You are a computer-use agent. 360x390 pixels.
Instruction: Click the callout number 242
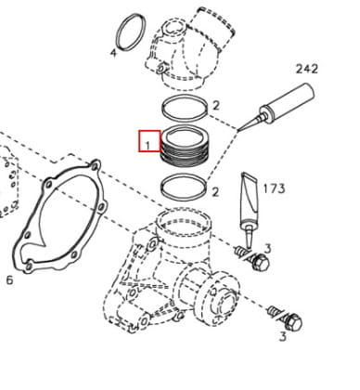point(307,69)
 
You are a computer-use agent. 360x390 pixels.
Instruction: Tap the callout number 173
point(274,188)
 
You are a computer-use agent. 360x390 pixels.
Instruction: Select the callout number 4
point(114,53)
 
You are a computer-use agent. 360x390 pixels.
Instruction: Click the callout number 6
point(10,280)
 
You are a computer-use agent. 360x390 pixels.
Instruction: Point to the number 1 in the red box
point(148,145)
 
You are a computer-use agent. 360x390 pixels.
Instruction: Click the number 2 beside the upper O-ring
point(216,106)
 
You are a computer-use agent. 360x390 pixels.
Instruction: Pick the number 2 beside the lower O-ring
point(215,192)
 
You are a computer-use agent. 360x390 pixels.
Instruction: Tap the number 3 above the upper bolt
point(268,249)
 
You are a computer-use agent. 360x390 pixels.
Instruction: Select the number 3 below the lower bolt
point(283,337)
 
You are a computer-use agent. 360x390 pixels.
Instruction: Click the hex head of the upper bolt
point(260,262)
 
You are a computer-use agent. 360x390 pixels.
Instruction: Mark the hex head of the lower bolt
point(293,322)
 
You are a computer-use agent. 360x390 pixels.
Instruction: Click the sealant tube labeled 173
point(250,206)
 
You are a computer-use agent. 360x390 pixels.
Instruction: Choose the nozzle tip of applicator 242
point(238,131)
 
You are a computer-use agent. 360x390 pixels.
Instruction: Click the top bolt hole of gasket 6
point(96,167)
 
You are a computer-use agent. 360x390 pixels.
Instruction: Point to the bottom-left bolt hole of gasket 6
point(29,266)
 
